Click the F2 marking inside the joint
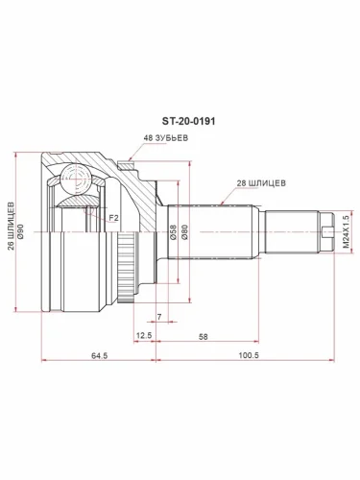[112, 220]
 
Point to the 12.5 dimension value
[144, 335]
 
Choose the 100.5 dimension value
[250, 356]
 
